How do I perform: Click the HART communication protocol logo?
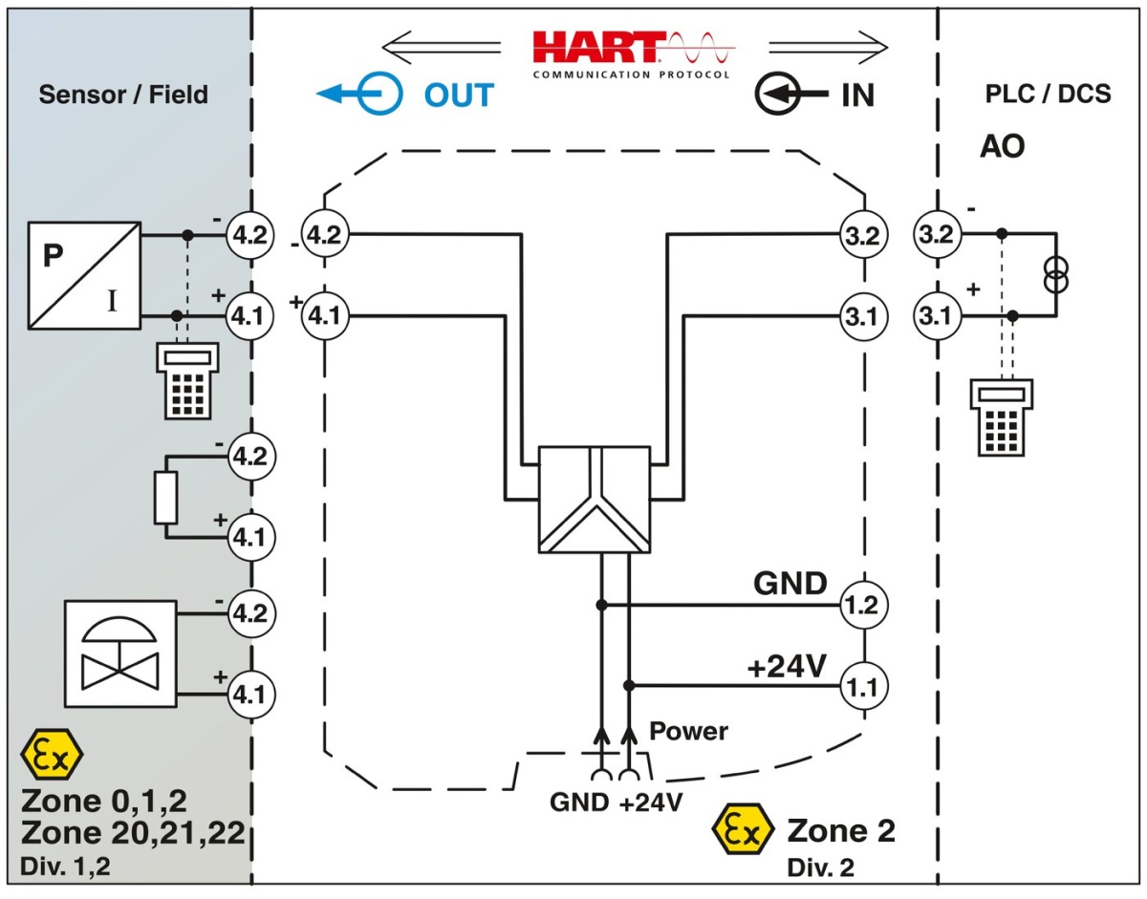click(632, 54)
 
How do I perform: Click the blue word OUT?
click(459, 95)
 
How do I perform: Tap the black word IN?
click(857, 95)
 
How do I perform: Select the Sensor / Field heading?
click(123, 95)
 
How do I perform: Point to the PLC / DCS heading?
click(1048, 96)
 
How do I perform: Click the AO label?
click(1002, 147)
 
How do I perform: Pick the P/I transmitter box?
click(84, 273)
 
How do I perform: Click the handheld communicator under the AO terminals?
click(1000, 416)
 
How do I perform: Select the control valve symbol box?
click(120, 653)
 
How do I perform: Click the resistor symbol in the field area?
click(166, 497)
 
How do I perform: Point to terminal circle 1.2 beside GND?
click(863, 604)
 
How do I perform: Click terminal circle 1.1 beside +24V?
click(863, 684)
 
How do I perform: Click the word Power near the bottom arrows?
click(688, 732)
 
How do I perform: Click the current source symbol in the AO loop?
click(1057, 273)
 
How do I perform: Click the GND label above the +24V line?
click(790, 582)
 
